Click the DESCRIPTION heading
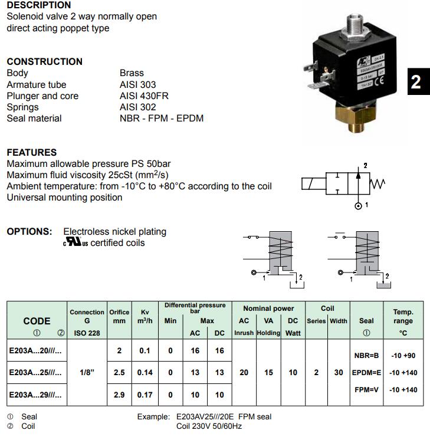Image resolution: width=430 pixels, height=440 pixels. click(39, 5)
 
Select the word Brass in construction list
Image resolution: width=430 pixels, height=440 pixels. click(132, 73)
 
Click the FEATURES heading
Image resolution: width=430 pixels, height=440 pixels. click(32, 152)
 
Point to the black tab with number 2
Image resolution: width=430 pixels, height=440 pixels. click(416, 81)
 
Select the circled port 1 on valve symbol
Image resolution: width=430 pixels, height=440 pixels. click(357, 205)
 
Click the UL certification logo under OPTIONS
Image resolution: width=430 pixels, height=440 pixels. click(76, 242)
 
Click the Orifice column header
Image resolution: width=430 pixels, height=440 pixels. click(119, 316)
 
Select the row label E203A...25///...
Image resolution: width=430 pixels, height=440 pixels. click(35, 373)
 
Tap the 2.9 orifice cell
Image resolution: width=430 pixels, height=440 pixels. click(119, 395)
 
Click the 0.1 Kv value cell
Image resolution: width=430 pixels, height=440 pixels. click(145, 351)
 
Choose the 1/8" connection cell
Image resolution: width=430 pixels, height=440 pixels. click(87, 373)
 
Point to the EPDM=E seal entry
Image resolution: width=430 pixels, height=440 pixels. click(366, 373)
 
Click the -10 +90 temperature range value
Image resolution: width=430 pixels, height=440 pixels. click(403, 355)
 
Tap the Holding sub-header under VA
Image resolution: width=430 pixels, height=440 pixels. click(268, 333)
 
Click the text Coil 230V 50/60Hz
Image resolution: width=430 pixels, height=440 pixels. click(209, 426)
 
